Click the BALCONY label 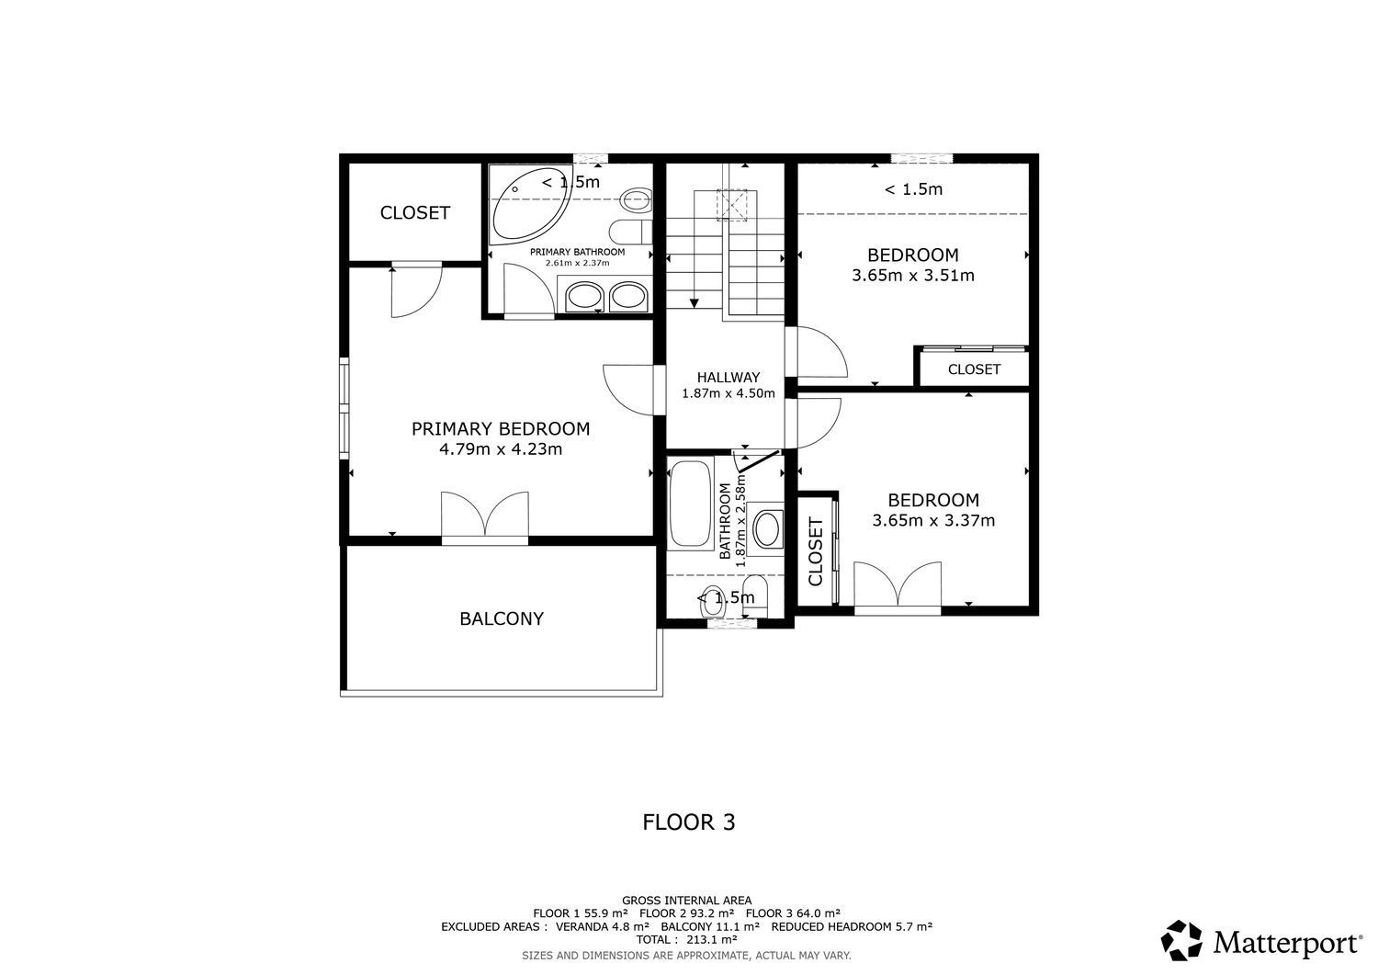pos(502,618)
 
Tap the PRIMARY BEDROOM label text pos(501,428)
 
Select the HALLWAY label pos(729,378)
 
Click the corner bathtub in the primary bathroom pos(529,203)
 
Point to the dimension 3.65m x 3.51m pos(913,275)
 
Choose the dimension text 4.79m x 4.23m pos(501,448)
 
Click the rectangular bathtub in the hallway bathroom pos(690,504)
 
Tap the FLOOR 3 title pos(689,822)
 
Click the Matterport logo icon pos(1181,940)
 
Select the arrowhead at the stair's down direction pos(694,303)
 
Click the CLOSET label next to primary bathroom pos(415,213)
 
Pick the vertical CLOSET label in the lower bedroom pos(815,551)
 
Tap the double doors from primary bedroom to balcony pos(485,516)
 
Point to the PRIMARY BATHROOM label pos(577,252)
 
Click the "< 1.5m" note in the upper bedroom pos(913,189)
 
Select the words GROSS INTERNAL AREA pos(686,901)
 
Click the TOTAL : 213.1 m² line pos(686,939)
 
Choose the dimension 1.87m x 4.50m pos(729,393)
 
